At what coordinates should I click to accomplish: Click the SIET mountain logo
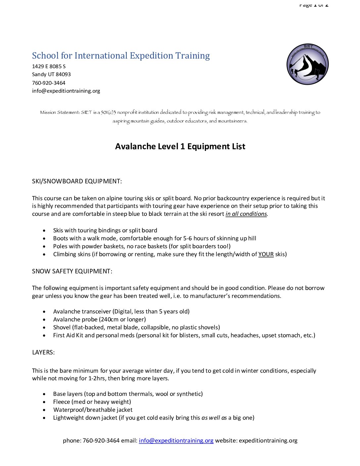(307, 64)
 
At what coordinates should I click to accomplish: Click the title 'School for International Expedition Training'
(121, 56)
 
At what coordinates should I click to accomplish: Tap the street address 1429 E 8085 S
(49, 67)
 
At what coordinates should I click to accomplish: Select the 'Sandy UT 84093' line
(51, 74)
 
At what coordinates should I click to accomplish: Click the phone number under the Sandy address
(49, 83)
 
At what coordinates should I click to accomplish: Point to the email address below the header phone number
(66, 91)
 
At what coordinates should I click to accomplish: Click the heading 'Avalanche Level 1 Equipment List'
(180, 146)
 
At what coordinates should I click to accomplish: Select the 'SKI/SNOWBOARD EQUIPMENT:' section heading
(77, 181)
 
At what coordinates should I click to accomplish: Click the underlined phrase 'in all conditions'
(246, 214)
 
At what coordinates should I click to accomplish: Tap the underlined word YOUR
(266, 254)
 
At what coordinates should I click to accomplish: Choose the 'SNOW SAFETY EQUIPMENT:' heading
(72, 271)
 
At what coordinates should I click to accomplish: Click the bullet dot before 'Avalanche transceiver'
(44, 312)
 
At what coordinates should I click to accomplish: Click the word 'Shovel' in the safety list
(62, 327)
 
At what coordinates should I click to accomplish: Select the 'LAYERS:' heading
(43, 352)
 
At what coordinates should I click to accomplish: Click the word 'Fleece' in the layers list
(62, 402)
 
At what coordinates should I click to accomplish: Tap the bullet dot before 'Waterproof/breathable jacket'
(44, 410)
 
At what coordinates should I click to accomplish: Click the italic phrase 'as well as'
(214, 418)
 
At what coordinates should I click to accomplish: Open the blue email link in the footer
(176, 441)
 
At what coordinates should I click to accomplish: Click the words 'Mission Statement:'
(60, 113)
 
